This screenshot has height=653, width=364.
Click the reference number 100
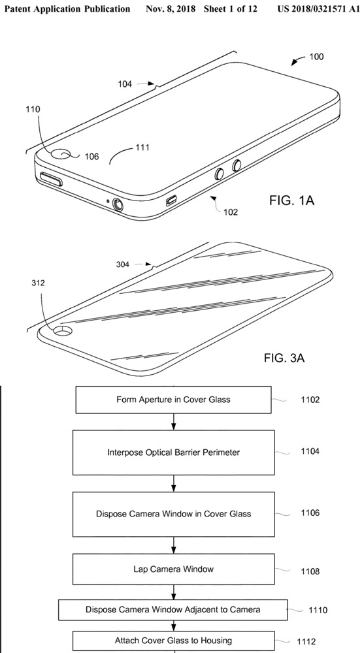pos(316,57)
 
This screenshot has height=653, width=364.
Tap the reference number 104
pos(125,84)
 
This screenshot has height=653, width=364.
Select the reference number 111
pos(142,148)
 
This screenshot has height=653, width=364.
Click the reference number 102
pos(230,212)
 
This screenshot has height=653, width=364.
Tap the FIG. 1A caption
pos(291,200)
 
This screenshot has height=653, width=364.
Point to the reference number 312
pos(39,283)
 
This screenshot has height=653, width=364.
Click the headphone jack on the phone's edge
pos(118,204)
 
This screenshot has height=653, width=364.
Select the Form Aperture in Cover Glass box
pos(173,400)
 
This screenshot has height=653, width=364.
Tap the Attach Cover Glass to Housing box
pos(173,640)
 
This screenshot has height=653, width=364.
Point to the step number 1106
pos(310,513)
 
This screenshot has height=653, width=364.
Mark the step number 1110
pos(318,611)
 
